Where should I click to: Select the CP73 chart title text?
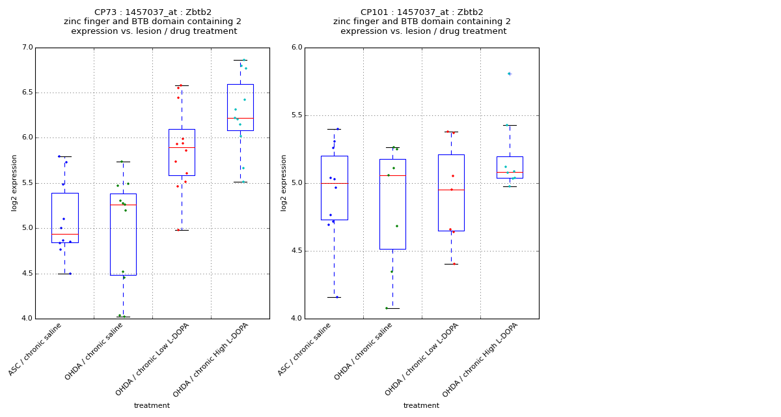coord(152,22)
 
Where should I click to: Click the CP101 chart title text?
coord(422,22)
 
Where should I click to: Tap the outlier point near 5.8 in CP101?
coord(509,74)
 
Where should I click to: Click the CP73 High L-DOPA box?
coord(240,107)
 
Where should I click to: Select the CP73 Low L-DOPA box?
coord(182,152)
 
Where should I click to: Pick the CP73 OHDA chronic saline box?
coord(123,234)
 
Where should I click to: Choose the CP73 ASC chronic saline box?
coord(64,218)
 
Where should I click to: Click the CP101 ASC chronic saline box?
coord(334,188)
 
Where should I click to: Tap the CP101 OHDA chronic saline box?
coord(392,204)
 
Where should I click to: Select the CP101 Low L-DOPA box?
coord(451,192)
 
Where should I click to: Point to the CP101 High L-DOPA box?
coord(510,167)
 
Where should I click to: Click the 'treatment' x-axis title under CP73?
coord(152,406)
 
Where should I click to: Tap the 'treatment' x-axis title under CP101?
coord(421,406)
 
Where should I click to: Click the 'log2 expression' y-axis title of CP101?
coord(284,182)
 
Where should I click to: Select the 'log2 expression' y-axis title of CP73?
coord(14,182)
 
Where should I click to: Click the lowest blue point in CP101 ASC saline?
coord(336,297)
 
